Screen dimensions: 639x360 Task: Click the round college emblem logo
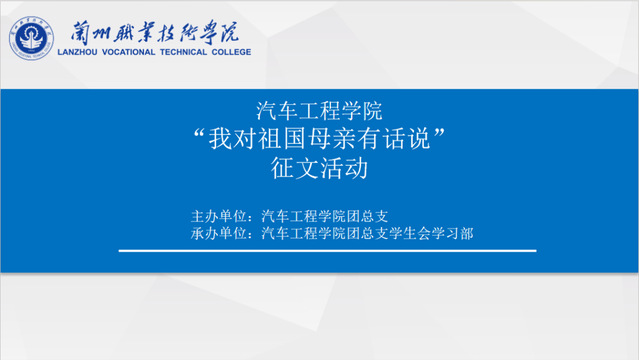31,38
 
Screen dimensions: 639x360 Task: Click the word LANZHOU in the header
77,52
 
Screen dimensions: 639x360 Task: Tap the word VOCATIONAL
128,52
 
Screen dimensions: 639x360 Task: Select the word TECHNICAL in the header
183,52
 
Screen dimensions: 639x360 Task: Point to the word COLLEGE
231,52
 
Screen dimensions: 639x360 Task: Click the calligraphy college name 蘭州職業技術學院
154,32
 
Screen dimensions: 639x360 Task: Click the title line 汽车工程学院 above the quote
319,111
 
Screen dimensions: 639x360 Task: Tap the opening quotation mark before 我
199,134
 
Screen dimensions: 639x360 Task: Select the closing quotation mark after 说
439,134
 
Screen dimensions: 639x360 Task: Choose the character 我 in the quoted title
220,139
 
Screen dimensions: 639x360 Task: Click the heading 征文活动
319,168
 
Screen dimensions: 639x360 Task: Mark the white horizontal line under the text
327,251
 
